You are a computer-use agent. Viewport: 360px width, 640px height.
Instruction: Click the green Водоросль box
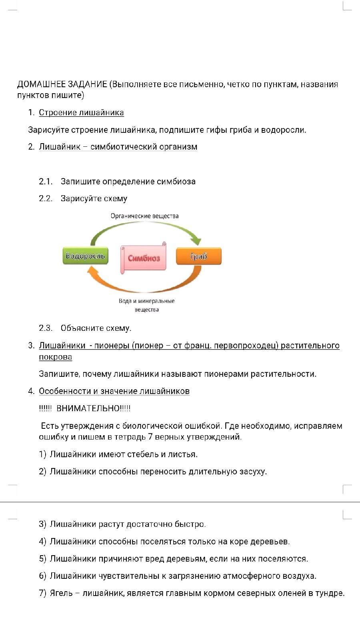click(86, 256)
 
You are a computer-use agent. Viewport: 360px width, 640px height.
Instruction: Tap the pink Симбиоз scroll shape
click(144, 258)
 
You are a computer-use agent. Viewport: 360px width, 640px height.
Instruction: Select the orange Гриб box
click(199, 256)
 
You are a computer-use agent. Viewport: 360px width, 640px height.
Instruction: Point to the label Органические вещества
click(144, 216)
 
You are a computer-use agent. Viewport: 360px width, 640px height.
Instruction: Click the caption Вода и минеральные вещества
click(146, 305)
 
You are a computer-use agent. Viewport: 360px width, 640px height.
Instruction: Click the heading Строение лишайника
click(82, 112)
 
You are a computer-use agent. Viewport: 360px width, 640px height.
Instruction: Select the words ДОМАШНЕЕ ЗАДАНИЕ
click(62, 84)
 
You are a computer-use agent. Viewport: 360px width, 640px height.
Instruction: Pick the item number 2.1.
click(46, 182)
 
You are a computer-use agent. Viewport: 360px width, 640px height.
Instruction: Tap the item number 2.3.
click(46, 328)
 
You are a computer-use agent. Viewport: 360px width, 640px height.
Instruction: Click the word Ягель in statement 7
click(61, 594)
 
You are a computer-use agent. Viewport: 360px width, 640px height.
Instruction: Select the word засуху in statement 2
click(253, 472)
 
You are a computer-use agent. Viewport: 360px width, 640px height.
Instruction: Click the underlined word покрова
click(56, 357)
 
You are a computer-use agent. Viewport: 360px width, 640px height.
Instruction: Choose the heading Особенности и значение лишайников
click(114, 391)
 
